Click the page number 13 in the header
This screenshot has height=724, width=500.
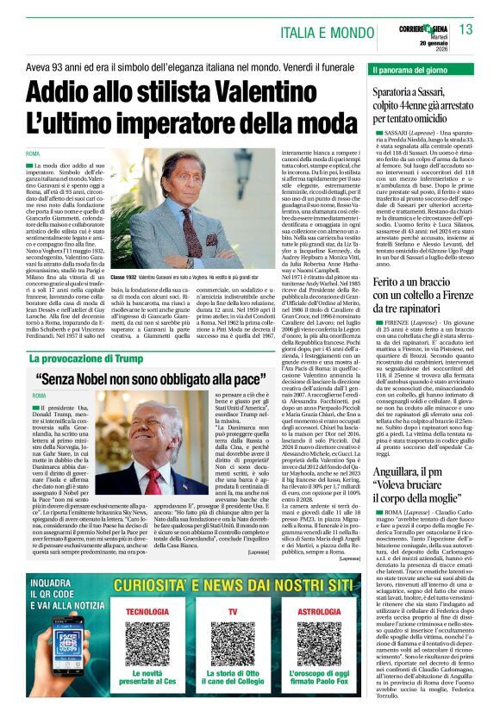[x=466, y=30]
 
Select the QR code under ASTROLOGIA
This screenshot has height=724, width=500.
[x=317, y=643]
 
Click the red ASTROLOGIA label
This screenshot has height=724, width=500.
[x=317, y=611]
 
